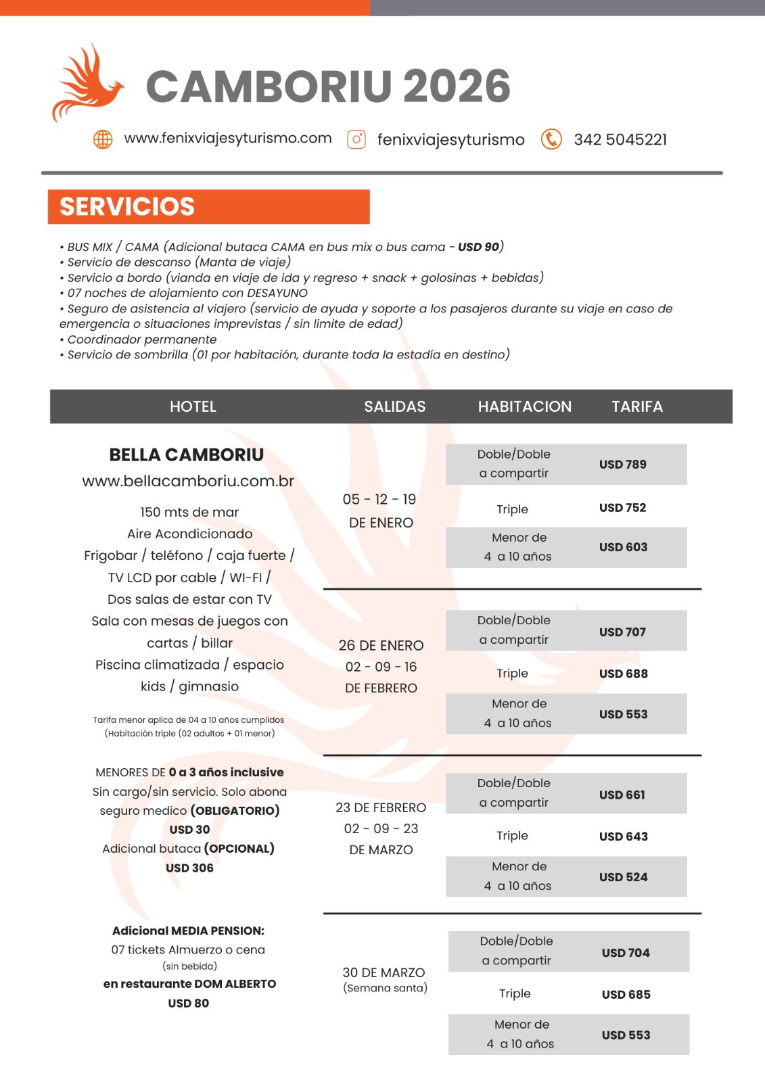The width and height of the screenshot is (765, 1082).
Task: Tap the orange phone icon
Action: pos(551,139)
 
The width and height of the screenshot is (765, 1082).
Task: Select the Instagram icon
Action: pos(356,139)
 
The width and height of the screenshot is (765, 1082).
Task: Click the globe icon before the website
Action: pos(103,139)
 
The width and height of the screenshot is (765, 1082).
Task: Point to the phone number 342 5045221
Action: pos(620,140)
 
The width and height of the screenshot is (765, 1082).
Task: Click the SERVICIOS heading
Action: pos(127,207)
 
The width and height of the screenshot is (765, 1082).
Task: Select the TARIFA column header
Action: pos(637,406)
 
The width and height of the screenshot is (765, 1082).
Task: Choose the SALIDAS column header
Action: pos(395,406)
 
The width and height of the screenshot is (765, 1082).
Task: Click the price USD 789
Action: pos(622,465)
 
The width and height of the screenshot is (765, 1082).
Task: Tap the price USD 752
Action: pos(622,508)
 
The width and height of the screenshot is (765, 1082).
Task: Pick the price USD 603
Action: pos(623,547)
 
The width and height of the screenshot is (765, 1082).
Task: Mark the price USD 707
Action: pos(622,632)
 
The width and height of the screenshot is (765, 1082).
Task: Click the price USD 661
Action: pos(622,795)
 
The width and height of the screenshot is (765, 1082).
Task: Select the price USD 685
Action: pos(626,995)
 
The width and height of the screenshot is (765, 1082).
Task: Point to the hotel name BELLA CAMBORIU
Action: pos(187,455)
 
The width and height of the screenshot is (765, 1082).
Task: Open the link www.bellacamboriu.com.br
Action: pos(188,481)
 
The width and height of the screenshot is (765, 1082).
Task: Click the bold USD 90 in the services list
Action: pos(478,247)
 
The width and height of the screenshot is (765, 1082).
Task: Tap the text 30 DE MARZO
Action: pos(384,972)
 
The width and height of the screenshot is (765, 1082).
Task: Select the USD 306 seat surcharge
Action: pos(189,868)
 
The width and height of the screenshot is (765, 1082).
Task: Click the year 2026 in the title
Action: pos(457,87)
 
